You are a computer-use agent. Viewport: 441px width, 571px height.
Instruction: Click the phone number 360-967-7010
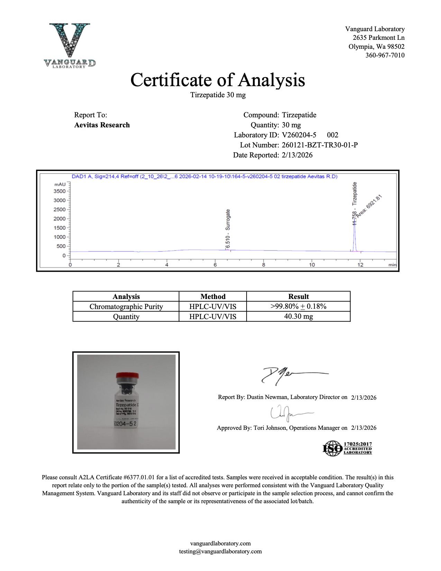[385, 55]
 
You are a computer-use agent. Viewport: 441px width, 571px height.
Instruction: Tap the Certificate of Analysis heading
[218, 80]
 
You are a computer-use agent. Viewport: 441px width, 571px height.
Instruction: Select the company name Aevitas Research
[102, 125]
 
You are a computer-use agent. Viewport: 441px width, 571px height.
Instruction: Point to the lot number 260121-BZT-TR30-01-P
[320, 145]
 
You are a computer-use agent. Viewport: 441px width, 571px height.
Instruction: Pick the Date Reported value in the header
[297, 155]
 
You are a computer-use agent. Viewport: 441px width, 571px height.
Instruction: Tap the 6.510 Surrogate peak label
[228, 229]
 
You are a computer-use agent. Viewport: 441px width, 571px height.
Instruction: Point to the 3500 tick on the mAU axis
[59, 191]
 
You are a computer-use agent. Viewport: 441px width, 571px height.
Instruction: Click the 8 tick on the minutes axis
[264, 265]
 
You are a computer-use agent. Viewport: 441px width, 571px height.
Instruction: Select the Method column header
[213, 297]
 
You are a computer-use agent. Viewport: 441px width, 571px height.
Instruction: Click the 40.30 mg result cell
[298, 316]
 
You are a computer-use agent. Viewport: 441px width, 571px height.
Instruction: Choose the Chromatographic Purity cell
[126, 307]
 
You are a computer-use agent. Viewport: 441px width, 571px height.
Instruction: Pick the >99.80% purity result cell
[298, 306]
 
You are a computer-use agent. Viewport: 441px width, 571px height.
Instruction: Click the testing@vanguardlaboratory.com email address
[220, 552]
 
